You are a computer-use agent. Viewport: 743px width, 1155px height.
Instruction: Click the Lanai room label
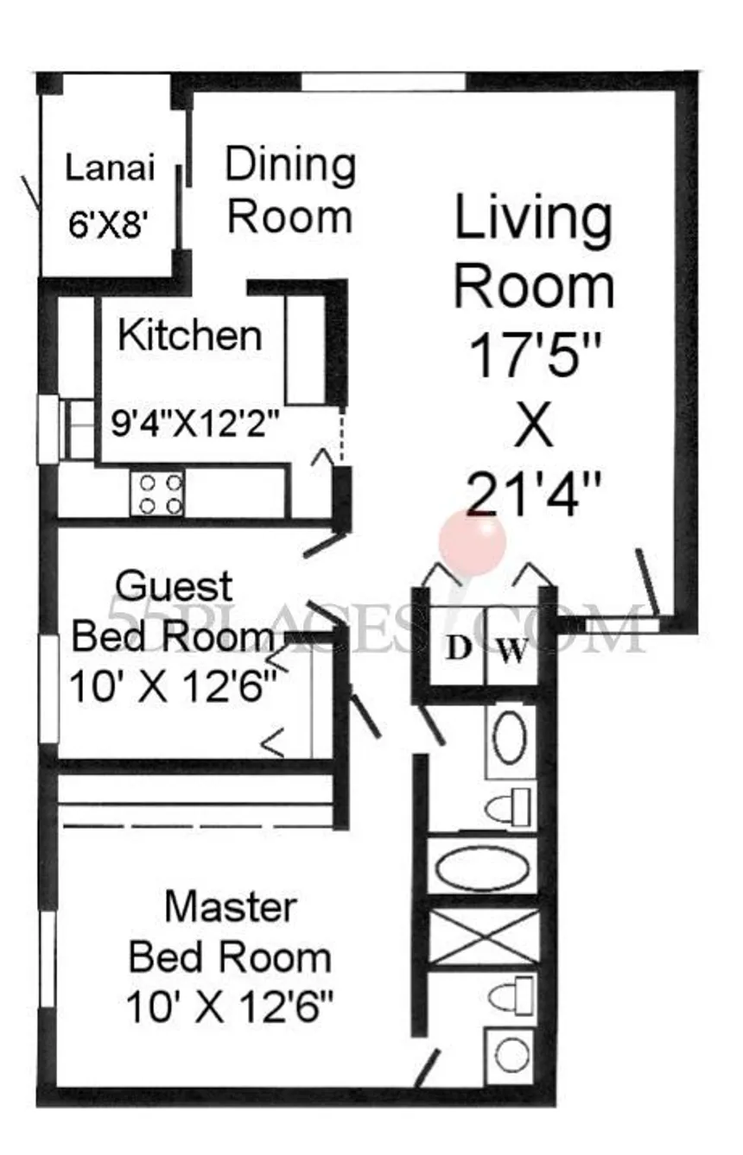[110, 168]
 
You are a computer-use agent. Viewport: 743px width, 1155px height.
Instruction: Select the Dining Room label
[290, 190]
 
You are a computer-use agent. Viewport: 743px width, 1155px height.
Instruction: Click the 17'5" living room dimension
[536, 357]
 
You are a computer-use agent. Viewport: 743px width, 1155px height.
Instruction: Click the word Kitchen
[190, 336]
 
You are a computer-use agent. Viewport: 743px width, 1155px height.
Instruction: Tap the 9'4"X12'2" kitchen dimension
[195, 424]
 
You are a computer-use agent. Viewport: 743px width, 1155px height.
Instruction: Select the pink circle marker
[472, 542]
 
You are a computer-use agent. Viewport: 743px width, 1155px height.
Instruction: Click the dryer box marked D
[458, 648]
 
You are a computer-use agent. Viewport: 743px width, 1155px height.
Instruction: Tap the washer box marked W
[513, 648]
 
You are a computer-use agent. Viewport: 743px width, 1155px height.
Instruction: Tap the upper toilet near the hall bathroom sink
[508, 808]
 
